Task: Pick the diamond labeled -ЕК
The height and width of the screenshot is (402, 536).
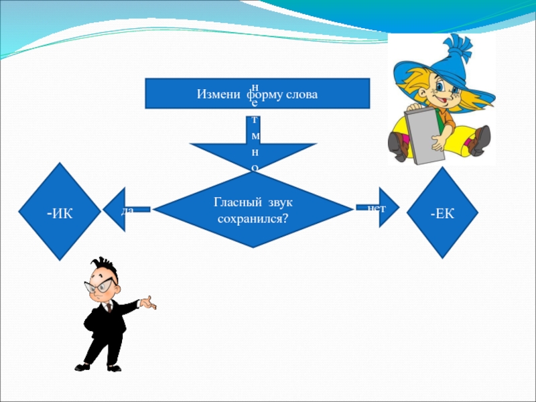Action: click(x=443, y=213)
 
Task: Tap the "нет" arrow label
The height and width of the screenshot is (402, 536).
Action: click(x=377, y=208)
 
